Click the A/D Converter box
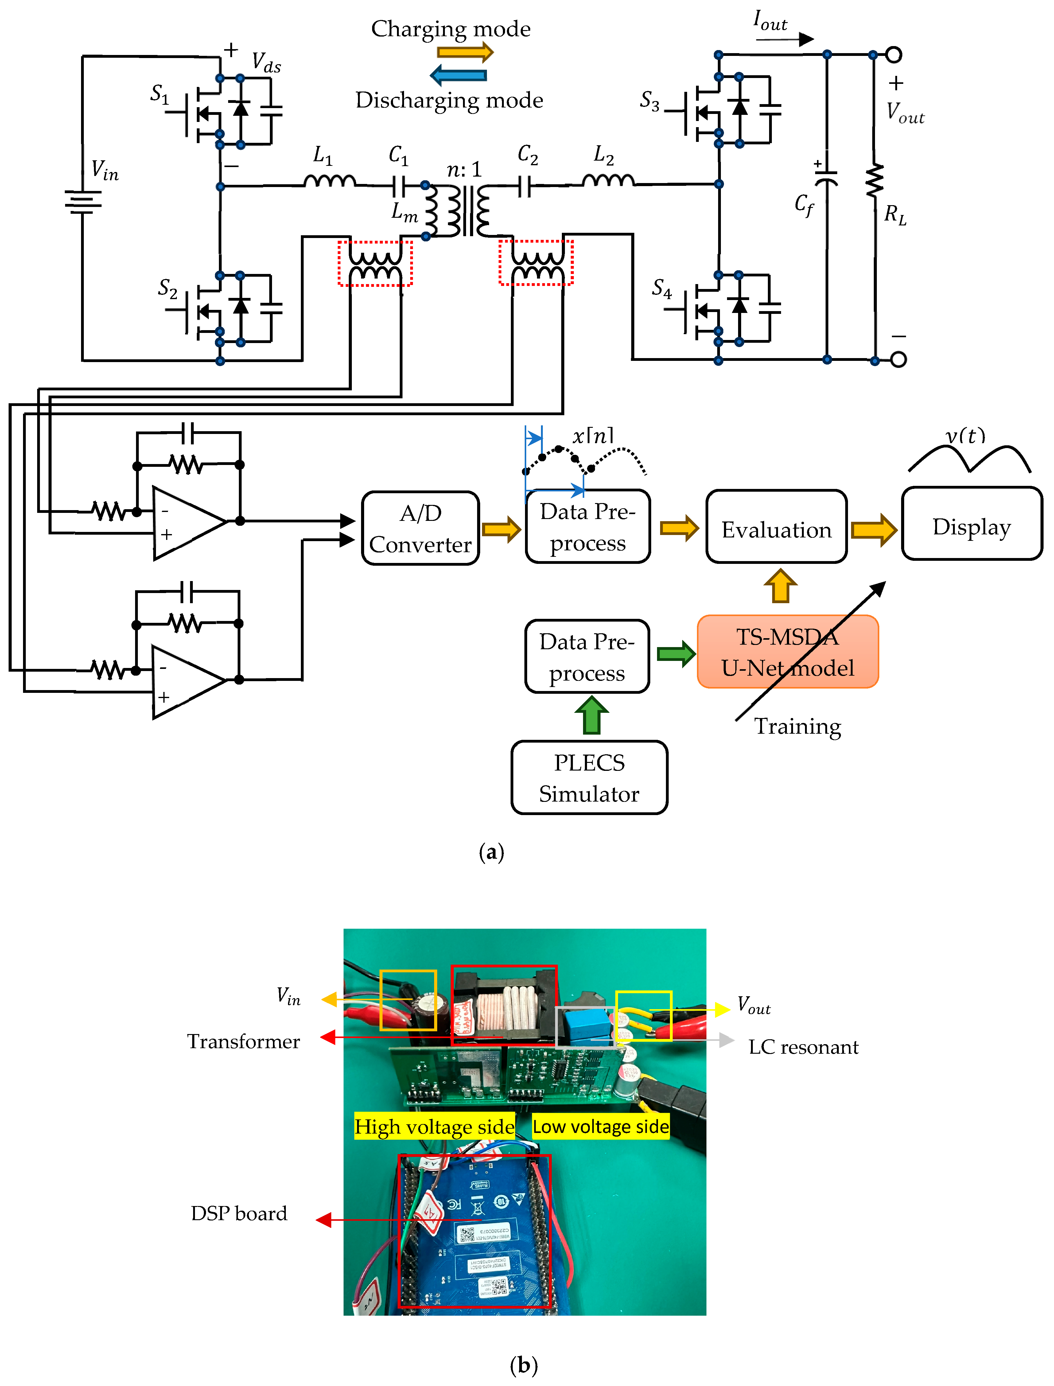point(420,528)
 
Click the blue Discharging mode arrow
point(459,75)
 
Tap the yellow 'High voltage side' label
point(434,1126)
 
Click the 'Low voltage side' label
point(601,1126)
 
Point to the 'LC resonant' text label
point(803,1047)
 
